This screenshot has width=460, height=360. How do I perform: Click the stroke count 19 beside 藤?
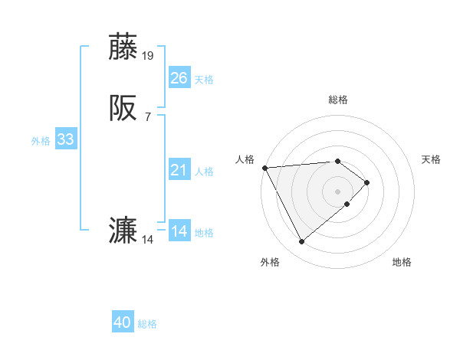(x=148, y=55)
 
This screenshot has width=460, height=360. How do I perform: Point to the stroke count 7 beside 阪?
(x=148, y=117)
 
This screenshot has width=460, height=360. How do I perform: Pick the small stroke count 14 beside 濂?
(x=148, y=240)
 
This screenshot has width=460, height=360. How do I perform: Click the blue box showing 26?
(x=179, y=77)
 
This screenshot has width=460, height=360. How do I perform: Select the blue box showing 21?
(x=179, y=170)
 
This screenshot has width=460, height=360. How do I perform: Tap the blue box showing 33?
(x=65, y=139)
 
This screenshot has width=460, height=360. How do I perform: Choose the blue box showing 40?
(x=123, y=322)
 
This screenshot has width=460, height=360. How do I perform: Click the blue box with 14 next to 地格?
(x=179, y=231)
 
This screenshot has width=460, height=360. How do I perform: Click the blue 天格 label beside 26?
(x=204, y=79)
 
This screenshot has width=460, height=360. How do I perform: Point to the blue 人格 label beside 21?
(x=204, y=172)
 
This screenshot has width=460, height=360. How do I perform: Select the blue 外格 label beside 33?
(x=41, y=141)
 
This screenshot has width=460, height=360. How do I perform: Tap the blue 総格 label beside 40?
(x=147, y=324)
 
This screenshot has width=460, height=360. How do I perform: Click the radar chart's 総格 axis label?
(x=338, y=100)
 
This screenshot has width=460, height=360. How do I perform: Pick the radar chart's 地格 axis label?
(x=402, y=262)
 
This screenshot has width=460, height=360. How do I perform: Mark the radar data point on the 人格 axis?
(x=264, y=167)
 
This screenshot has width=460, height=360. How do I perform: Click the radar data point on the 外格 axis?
(x=301, y=242)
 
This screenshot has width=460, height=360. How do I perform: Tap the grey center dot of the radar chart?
(x=338, y=191)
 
